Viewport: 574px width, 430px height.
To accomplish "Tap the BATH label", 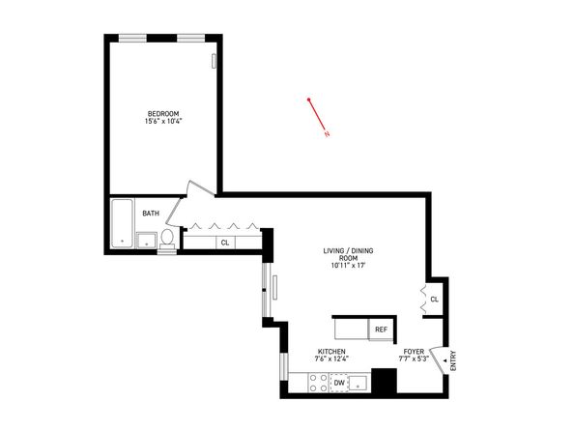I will (151, 213).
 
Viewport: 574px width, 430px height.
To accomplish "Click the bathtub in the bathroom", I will (122, 224).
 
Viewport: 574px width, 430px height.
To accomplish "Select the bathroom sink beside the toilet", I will (146, 240).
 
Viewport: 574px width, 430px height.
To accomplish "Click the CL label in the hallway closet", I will (224, 243).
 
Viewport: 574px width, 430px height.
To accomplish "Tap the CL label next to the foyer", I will (434, 300).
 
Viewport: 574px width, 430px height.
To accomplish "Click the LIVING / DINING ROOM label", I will (349, 254).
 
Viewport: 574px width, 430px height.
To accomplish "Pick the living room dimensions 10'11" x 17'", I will (349, 266).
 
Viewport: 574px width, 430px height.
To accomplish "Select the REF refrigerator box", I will (381, 330).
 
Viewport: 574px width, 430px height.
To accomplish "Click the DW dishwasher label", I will (338, 384).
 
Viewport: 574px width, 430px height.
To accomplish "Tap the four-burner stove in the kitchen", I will (316, 384).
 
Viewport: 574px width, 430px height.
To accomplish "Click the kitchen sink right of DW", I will (359, 384).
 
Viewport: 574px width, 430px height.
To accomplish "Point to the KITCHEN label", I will (331, 351).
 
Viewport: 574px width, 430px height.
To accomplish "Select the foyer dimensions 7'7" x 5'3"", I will (416, 359).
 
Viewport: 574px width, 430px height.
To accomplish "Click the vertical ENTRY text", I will (452, 361).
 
